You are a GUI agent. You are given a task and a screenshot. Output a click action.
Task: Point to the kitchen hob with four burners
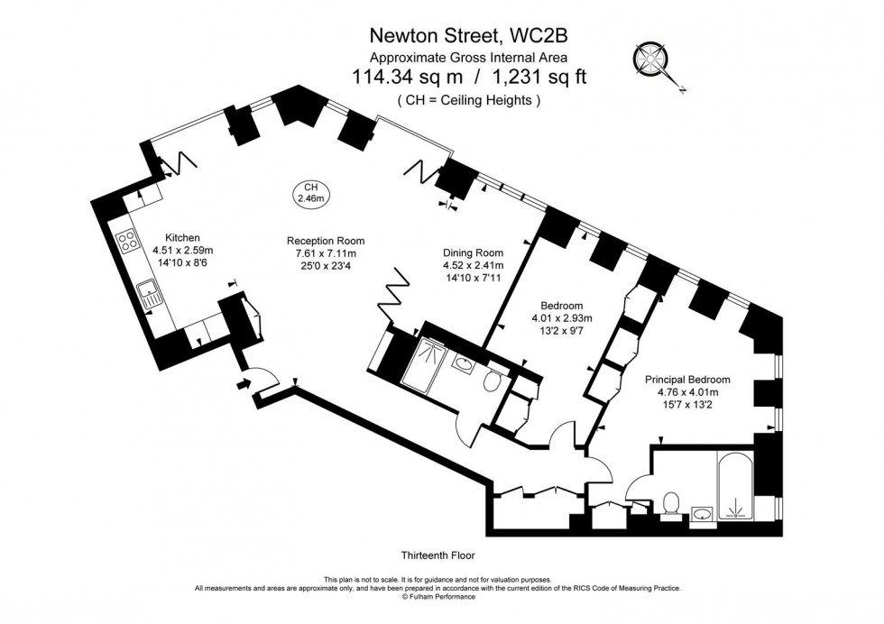point(127,241)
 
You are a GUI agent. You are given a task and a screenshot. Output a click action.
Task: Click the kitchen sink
point(147,291)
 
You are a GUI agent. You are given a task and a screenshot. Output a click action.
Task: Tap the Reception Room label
point(326,241)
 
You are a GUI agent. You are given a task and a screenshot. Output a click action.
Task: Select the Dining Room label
point(473,252)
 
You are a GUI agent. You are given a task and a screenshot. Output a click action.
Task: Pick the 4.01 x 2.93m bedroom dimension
point(561,318)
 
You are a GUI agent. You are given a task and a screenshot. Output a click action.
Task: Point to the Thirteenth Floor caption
point(437,555)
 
